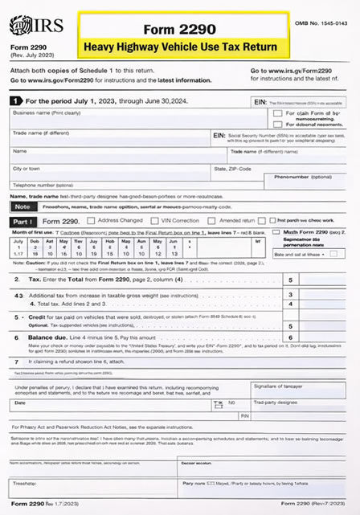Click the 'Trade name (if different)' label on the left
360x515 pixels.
[x=40, y=133]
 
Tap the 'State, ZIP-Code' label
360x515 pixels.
[x=232, y=169]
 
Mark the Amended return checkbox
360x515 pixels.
[x=218, y=219]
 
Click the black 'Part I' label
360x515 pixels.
[x=22, y=220]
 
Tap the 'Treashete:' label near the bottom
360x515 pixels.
[x=26, y=484]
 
